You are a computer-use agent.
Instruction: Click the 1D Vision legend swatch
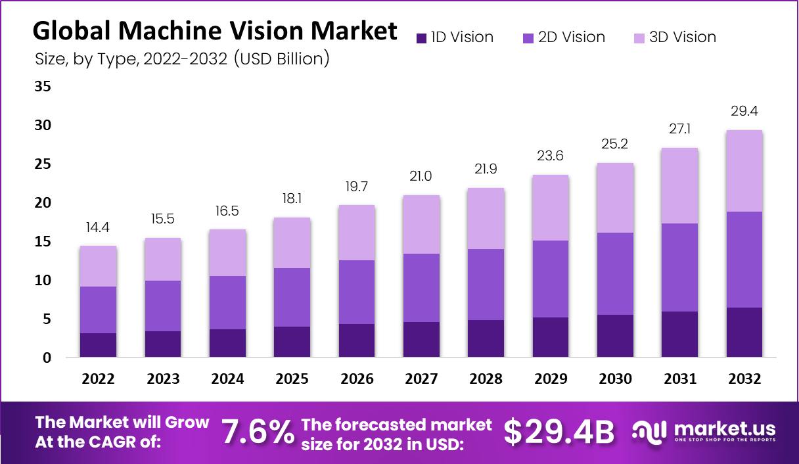pos(422,38)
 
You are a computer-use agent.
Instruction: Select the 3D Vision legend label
pos(683,37)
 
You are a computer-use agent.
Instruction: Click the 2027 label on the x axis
pos(421,379)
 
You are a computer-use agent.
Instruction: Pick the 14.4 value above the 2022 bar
pos(98,227)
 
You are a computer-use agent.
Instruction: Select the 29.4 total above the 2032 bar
pos(744,111)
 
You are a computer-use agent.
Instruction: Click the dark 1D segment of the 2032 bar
pos(744,332)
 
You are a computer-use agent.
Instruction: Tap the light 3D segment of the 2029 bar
pos(550,208)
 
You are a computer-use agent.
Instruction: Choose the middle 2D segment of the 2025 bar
pos(292,297)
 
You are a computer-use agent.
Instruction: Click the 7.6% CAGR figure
pos(258,432)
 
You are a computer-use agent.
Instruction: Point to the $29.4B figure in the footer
pos(559,432)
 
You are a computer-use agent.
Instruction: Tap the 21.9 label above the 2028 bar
pos(486,170)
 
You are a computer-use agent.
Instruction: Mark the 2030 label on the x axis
pos(615,379)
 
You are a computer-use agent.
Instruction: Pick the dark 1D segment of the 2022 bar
pos(98,345)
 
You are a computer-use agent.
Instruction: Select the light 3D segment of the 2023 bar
pos(162,260)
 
